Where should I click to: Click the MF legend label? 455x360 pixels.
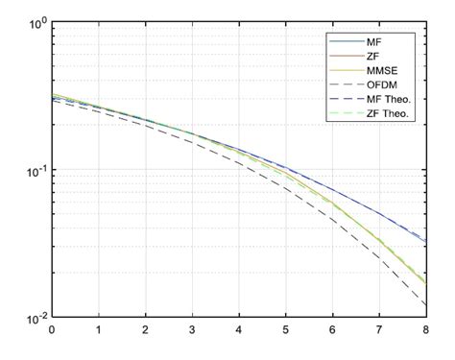pos(375,43)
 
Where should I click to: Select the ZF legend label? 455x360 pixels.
pos(374,59)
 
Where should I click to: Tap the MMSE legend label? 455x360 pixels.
pos(383,74)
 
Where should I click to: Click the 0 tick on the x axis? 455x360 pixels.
pos(52,331)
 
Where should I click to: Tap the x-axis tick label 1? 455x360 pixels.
pos(99,331)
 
